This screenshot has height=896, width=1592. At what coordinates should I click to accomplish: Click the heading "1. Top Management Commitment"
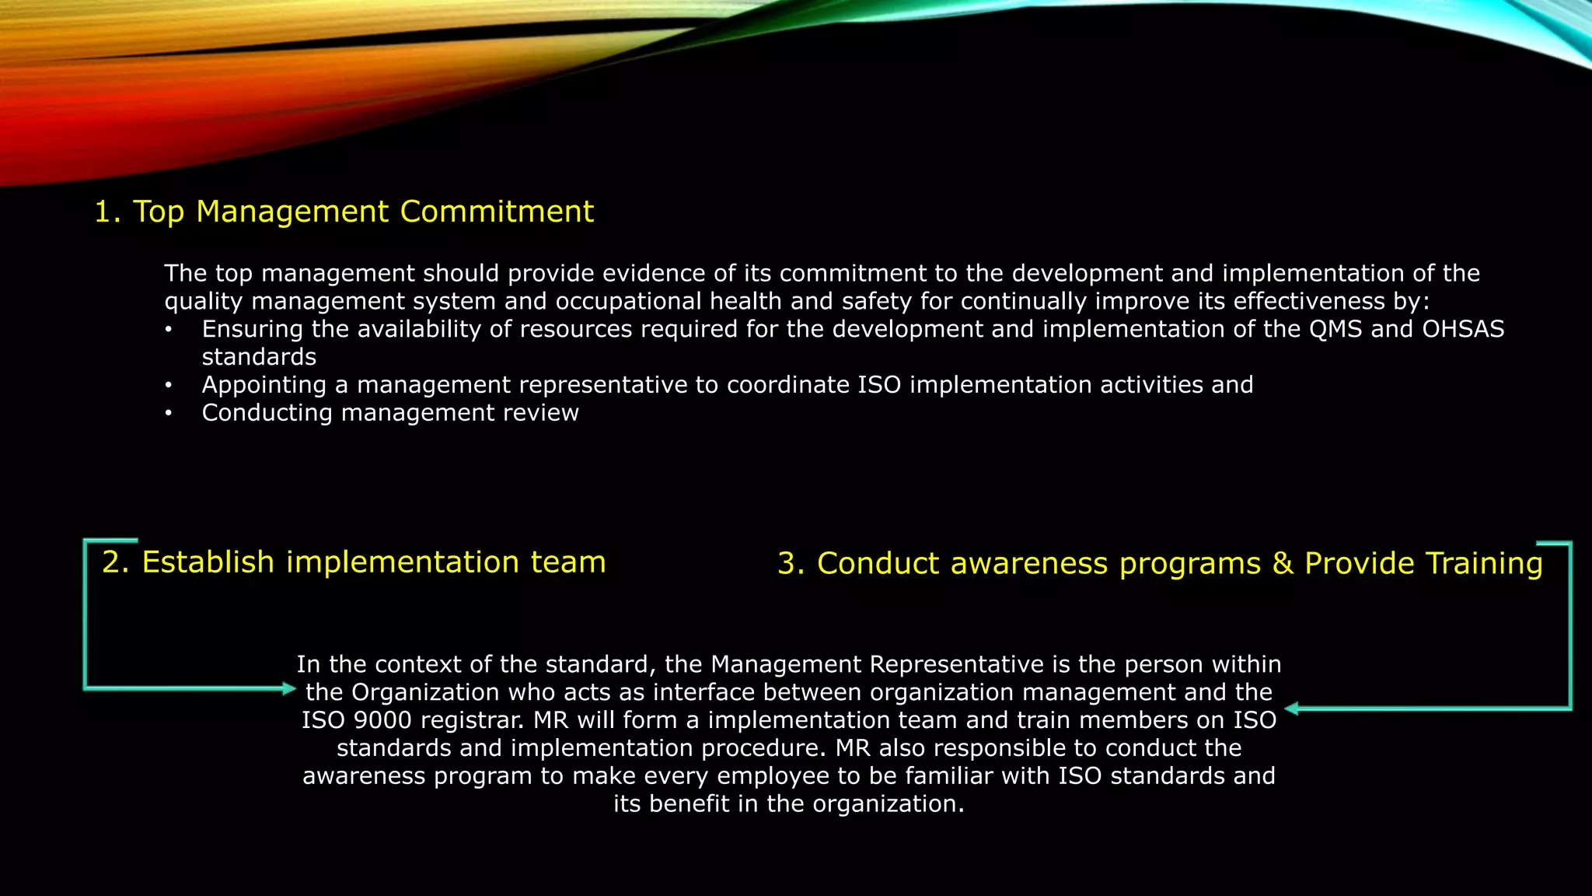344,212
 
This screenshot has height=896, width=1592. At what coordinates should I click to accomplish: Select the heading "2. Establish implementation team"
354,562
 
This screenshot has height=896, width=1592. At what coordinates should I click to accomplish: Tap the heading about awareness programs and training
1160,564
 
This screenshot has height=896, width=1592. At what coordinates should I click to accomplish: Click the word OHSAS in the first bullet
1463,329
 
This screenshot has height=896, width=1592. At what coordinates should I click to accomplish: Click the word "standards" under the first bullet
259,357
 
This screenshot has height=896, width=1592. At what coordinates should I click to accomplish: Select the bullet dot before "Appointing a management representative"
168,385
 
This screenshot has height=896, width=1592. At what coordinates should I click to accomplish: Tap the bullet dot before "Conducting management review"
168,413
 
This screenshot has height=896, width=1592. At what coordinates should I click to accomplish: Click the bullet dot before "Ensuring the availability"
168,330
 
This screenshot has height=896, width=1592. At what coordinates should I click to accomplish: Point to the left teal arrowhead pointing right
289,688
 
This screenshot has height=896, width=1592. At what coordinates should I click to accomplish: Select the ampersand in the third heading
1283,564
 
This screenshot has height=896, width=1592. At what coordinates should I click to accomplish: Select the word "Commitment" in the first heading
497,212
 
